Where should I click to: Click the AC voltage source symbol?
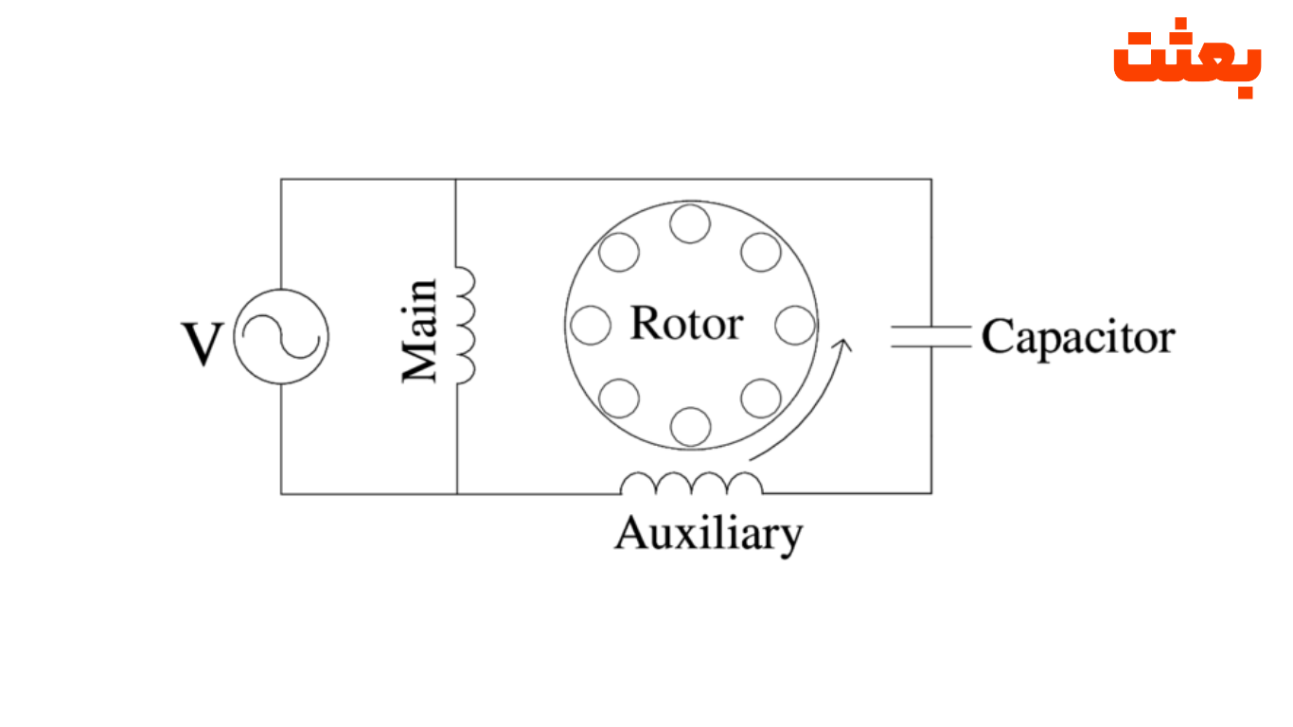point(281,336)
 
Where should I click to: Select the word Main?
point(419,329)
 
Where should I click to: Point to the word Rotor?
point(686,324)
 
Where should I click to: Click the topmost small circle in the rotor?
point(690,224)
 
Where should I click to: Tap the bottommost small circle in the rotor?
point(690,426)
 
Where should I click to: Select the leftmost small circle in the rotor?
point(591,325)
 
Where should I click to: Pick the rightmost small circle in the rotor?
point(794,325)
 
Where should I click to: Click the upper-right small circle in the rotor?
point(761,252)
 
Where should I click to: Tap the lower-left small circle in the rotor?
point(619,398)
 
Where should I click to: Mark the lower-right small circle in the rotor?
point(761,398)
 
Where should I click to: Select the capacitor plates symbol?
point(930,336)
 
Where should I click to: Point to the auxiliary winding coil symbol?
point(691,484)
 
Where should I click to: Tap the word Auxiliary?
point(708,535)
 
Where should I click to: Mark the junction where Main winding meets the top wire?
point(456,179)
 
